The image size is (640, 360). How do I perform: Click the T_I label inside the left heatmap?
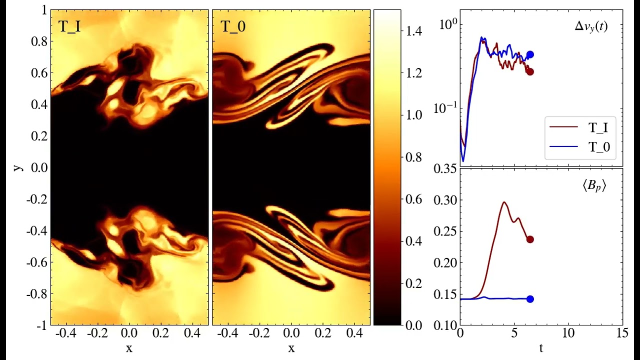(x=70, y=27)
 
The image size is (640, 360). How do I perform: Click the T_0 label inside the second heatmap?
(x=233, y=27)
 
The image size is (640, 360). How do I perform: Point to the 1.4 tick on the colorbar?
(x=413, y=31)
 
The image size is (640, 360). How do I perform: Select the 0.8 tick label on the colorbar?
(x=413, y=157)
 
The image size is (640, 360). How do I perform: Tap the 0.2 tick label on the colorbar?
(x=413, y=283)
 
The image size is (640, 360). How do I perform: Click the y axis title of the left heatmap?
(x=18, y=167)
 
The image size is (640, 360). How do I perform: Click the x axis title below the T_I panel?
(x=129, y=348)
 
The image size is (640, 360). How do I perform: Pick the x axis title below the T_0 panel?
(x=291, y=348)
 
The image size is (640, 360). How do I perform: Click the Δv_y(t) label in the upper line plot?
(x=591, y=27)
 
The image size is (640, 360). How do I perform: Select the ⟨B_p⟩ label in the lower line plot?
(x=594, y=187)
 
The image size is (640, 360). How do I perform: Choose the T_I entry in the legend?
(x=597, y=127)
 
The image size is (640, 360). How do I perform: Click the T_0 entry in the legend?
(x=597, y=146)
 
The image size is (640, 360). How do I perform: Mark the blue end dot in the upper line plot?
(x=530, y=54)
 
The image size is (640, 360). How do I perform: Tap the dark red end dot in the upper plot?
(x=530, y=71)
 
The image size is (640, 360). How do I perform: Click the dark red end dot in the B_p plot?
(x=530, y=239)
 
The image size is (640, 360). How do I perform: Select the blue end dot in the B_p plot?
(x=530, y=299)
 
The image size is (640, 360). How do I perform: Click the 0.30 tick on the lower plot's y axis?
(x=446, y=200)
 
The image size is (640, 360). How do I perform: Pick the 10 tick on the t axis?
(x=568, y=333)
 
